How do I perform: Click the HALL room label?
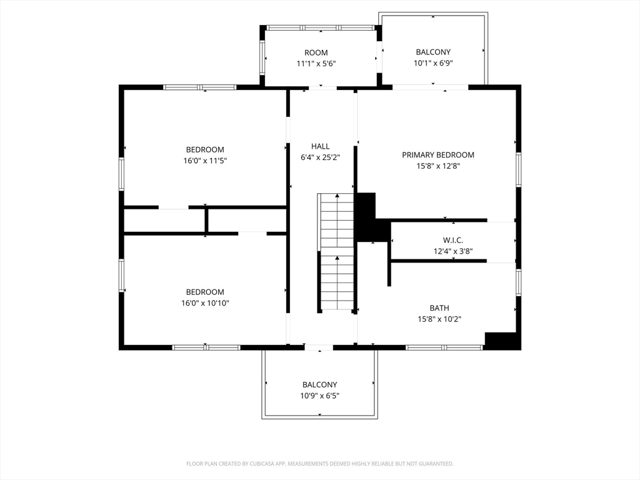(x=321, y=146)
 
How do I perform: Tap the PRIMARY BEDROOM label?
(x=438, y=155)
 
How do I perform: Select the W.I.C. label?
(x=453, y=240)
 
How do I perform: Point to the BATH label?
(x=439, y=308)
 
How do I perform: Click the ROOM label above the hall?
(x=316, y=52)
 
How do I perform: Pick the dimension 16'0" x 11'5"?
(x=205, y=161)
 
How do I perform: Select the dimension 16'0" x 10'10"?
(x=205, y=303)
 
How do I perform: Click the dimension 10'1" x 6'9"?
(x=433, y=63)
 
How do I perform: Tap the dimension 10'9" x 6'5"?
(x=319, y=396)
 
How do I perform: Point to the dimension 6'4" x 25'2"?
(x=321, y=157)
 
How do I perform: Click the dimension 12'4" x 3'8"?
(x=453, y=251)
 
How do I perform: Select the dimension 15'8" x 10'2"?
(x=439, y=319)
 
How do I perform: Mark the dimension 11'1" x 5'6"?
(x=316, y=64)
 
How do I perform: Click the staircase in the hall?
(x=336, y=251)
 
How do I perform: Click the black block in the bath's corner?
(x=502, y=341)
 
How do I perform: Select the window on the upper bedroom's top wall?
(x=199, y=87)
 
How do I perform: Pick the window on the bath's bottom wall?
(x=444, y=347)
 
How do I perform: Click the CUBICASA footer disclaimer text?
(x=319, y=464)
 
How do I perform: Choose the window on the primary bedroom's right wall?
(x=518, y=169)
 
